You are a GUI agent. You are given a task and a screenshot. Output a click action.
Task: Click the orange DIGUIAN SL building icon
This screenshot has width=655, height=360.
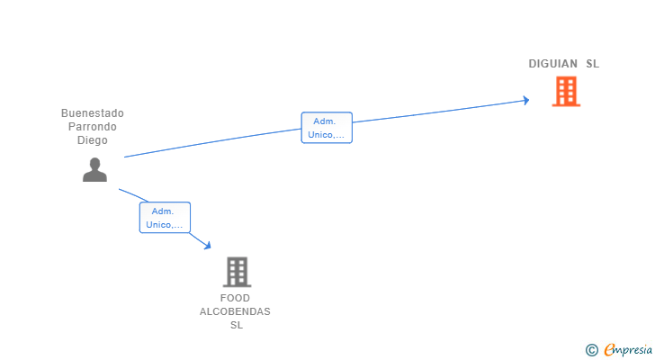(x=566, y=91)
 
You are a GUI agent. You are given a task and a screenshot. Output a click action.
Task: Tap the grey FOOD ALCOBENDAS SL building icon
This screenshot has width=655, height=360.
(x=237, y=271)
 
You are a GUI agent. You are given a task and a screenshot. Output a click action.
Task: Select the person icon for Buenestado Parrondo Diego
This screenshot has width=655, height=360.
(x=94, y=169)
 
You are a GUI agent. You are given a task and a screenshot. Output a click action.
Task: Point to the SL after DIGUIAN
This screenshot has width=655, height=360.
(x=592, y=64)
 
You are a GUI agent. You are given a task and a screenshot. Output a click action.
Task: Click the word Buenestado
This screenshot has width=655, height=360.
(x=93, y=113)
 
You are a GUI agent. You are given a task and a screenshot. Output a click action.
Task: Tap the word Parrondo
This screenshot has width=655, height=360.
(x=93, y=127)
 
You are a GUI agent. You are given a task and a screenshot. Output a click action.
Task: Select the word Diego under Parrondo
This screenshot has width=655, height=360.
(x=93, y=140)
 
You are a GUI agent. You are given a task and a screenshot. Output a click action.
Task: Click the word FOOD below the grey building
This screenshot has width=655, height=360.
(x=235, y=298)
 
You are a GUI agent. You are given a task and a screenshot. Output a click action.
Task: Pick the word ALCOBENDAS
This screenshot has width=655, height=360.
(x=235, y=311)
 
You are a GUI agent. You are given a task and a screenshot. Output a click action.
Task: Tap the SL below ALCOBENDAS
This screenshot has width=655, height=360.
(x=236, y=325)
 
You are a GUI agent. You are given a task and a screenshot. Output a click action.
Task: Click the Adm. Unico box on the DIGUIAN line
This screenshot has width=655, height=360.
(x=327, y=128)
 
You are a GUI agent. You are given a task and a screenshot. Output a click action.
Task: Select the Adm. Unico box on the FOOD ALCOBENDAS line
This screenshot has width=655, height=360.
(x=165, y=218)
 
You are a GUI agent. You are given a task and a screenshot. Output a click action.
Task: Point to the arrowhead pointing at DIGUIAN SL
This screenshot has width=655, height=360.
(x=525, y=100)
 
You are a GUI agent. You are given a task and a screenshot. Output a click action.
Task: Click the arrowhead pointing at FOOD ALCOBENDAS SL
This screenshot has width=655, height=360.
(x=207, y=245)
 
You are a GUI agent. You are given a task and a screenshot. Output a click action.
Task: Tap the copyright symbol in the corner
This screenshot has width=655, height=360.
(x=591, y=349)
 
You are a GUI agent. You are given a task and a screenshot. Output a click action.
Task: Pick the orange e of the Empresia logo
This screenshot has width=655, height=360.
(x=609, y=349)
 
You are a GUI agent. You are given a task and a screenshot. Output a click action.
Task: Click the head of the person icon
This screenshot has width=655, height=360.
(x=94, y=163)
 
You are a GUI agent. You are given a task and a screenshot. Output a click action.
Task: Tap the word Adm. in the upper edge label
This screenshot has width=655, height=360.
(x=324, y=121)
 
